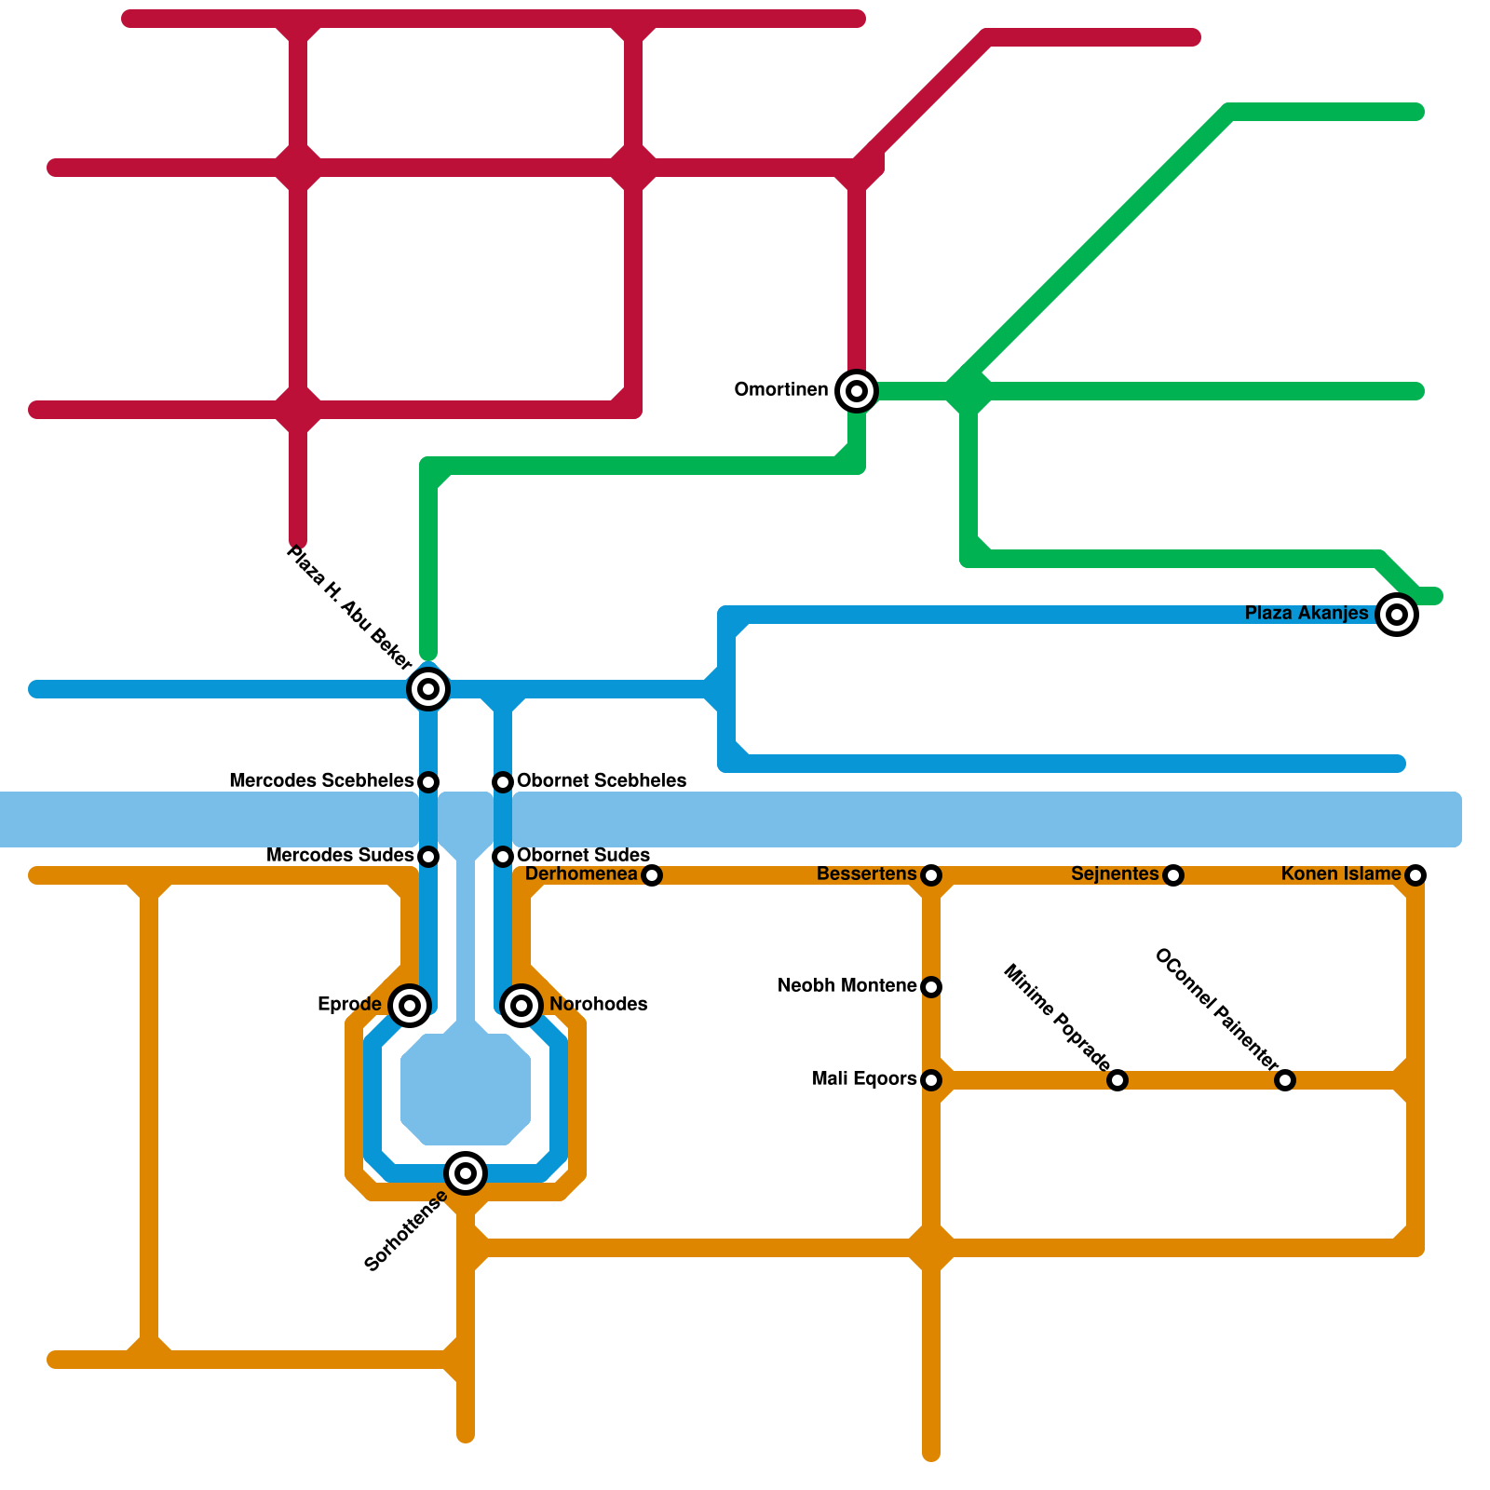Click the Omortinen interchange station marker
click(x=857, y=391)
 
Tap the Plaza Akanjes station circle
click(x=1397, y=615)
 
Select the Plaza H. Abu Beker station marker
click(x=428, y=689)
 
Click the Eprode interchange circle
click(x=410, y=1006)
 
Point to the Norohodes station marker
click(x=521, y=1006)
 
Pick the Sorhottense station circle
click(x=466, y=1173)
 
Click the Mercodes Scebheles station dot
click(x=428, y=781)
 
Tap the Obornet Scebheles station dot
click(x=503, y=781)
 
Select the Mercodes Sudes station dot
click(x=428, y=856)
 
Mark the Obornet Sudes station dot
click(x=503, y=856)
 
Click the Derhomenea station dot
click(x=652, y=875)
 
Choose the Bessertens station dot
click(x=931, y=875)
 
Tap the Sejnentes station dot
click(x=1173, y=875)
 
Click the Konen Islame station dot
click(x=1415, y=875)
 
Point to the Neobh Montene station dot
click(x=931, y=987)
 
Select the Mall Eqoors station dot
click(x=931, y=1080)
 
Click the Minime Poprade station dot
click(x=1117, y=1080)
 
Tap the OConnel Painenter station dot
click(x=1285, y=1080)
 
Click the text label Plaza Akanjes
click(x=1307, y=614)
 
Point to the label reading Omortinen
click(x=781, y=390)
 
